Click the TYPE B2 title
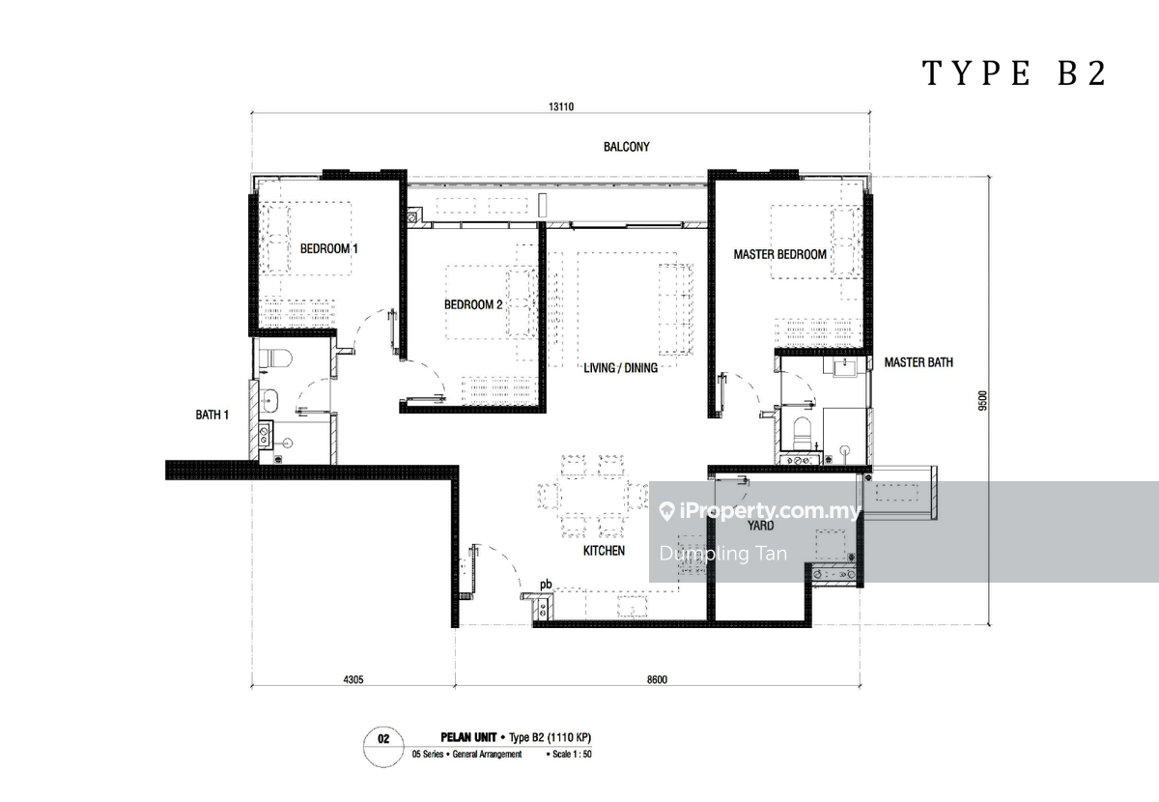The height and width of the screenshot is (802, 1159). (x=1014, y=73)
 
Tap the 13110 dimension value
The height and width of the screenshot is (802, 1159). (x=561, y=106)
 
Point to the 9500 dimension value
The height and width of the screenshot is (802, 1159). (x=982, y=400)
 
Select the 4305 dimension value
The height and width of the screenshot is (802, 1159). (x=353, y=679)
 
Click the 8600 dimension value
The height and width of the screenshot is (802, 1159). (x=657, y=679)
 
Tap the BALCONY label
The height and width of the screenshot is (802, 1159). (x=627, y=147)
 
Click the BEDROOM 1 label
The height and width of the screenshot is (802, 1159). (x=329, y=249)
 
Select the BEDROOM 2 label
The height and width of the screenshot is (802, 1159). (x=473, y=304)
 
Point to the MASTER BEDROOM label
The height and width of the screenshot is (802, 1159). (x=779, y=254)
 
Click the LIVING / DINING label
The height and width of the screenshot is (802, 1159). (x=620, y=367)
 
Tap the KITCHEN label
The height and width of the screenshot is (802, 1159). (x=604, y=551)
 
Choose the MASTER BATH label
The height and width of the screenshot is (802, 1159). (x=919, y=362)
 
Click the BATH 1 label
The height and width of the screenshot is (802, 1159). (x=212, y=415)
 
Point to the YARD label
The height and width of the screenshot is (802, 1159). (x=761, y=526)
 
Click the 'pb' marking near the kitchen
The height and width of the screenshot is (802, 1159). (x=546, y=585)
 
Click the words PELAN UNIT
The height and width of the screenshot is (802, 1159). (x=468, y=737)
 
